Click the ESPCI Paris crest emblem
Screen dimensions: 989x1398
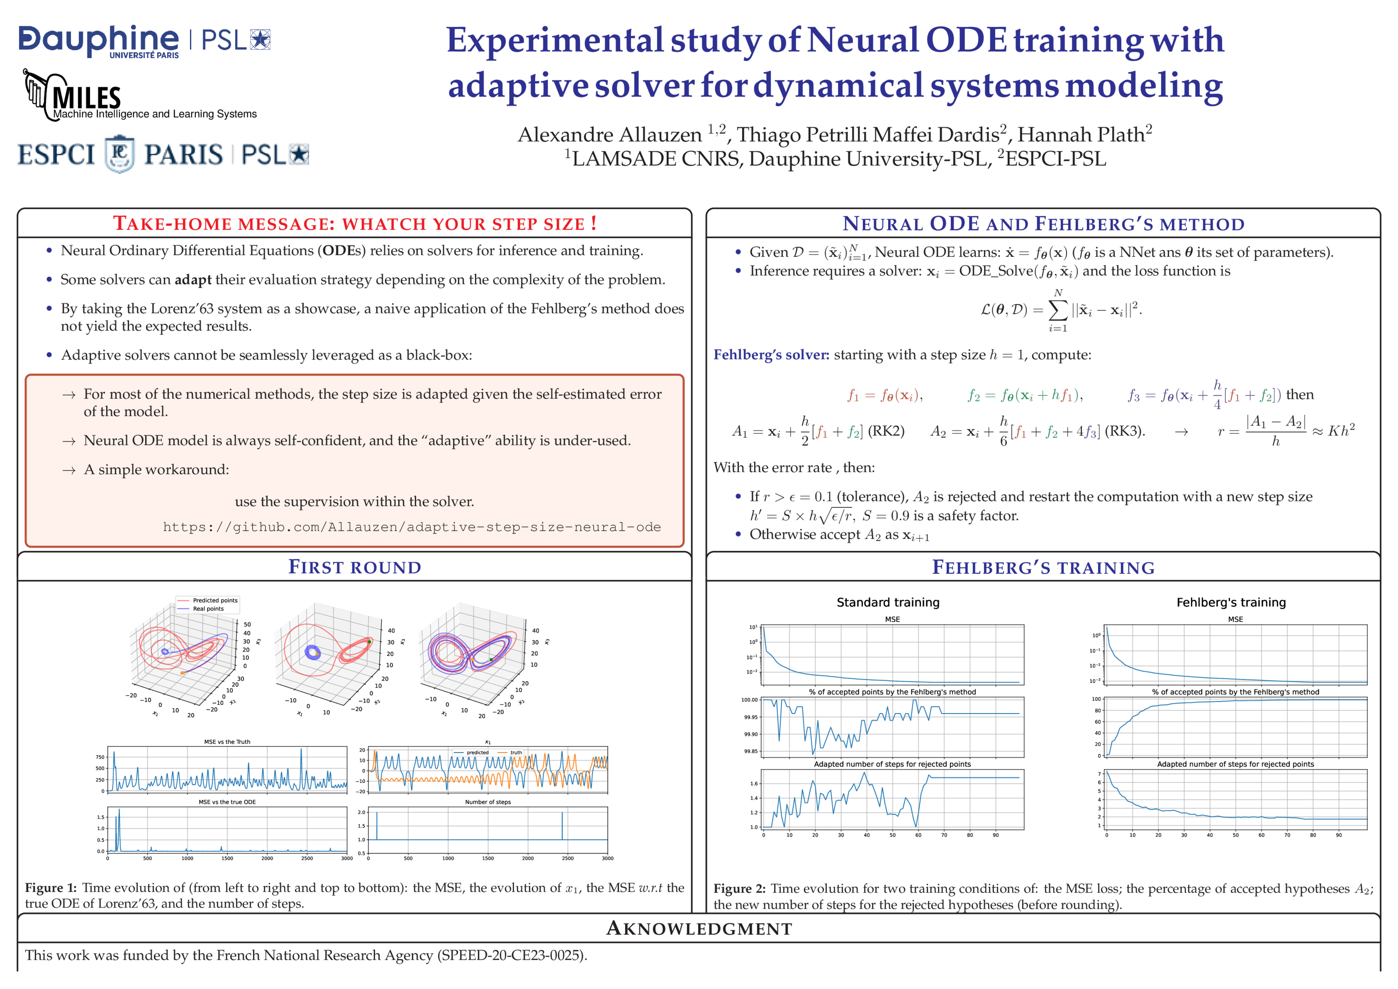point(120,154)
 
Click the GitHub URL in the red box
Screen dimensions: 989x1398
point(412,527)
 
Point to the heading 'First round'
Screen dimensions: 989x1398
point(354,567)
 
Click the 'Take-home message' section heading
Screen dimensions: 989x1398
point(354,224)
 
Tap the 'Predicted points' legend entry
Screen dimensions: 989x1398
point(215,601)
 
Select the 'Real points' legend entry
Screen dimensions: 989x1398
point(208,609)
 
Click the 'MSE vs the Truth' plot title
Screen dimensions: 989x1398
point(227,742)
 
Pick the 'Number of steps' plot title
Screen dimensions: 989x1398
point(488,802)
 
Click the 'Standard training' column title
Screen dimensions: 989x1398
point(888,602)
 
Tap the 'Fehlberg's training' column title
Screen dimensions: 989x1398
point(1230,602)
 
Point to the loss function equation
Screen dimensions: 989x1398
point(1061,310)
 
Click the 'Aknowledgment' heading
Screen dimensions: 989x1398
point(699,929)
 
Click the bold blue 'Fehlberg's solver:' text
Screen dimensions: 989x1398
point(771,354)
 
